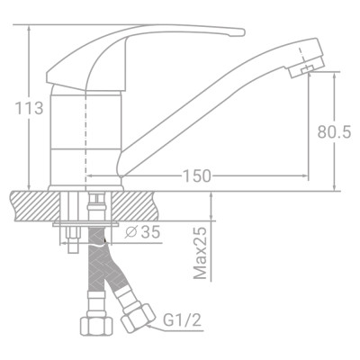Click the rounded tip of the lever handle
click(238, 33)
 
